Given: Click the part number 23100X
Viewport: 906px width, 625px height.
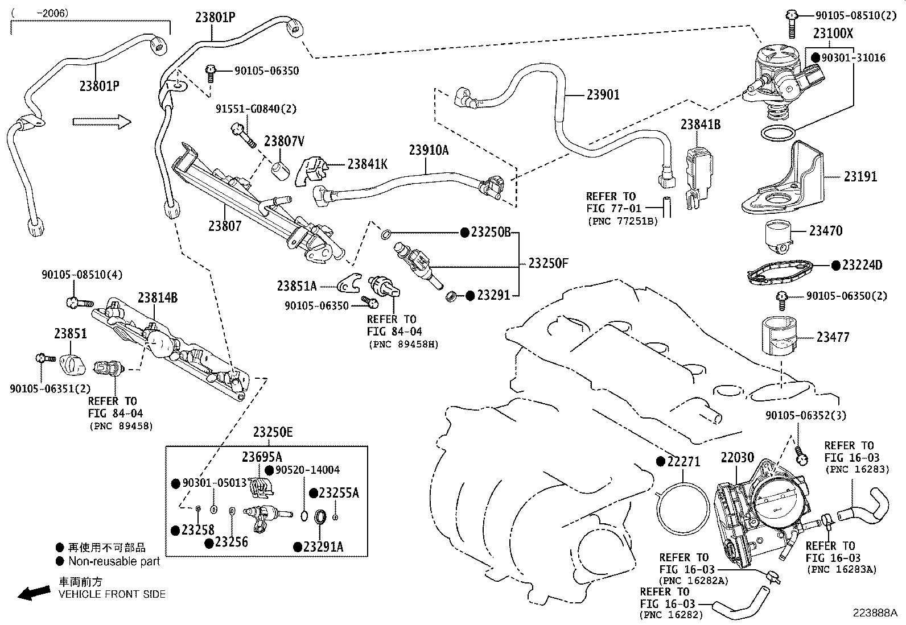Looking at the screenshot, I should point(833,33).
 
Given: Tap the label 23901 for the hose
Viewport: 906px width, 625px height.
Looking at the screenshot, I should point(603,95).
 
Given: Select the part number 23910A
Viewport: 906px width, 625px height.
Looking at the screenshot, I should point(428,150).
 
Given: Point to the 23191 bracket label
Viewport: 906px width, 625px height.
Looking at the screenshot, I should point(860,177).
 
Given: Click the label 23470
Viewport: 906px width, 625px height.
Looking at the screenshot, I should point(826,231).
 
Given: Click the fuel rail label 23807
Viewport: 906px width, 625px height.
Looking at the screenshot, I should point(225,226).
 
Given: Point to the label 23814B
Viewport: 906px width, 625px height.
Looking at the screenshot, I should point(158,297).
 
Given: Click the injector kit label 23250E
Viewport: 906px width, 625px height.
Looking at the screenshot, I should point(273,433).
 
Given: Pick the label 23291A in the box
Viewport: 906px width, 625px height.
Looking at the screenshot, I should point(323,547).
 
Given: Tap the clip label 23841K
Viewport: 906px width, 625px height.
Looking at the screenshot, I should point(367,164).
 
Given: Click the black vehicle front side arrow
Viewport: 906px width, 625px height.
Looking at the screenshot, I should point(33,593).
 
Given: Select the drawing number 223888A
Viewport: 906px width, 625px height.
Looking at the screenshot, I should point(874,612).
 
